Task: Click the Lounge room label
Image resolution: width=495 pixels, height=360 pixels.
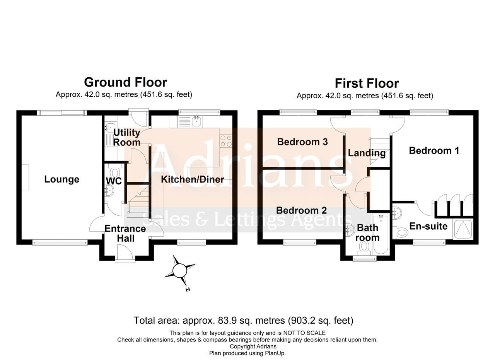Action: pyautogui.click(x=61, y=179)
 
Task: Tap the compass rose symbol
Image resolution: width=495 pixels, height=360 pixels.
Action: pyautogui.click(x=180, y=271)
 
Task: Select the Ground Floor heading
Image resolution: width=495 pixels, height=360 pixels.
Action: pyautogui.click(x=125, y=82)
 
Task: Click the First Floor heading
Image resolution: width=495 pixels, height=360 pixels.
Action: pyautogui.click(x=367, y=83)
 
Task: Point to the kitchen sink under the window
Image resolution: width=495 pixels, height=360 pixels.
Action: pyautogui.click(x=196, y=121)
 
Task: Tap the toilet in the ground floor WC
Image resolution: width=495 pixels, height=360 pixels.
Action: pyautogui.click(x=115, y=171)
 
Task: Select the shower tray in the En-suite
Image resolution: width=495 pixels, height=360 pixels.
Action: pyautogui.click(x=463, y=229)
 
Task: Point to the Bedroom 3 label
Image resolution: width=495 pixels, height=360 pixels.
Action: pyautogui.click(x=302, y=142)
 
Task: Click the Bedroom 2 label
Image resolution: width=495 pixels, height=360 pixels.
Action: pyautogui.click(x=301, y=210)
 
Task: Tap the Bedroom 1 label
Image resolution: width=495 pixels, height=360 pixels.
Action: pyautogui.click(x=434, y=150)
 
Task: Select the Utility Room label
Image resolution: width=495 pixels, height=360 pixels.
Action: pyautogui.click(x=127, y=137)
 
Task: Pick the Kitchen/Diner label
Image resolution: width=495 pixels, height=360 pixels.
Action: pyautogui.click(x=192, y=179)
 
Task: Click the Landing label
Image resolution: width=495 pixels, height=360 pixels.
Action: pyautogui.click(x=367, y=153)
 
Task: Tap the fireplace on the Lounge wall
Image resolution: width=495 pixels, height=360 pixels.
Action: pyautogui.click(x=25, y=177)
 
